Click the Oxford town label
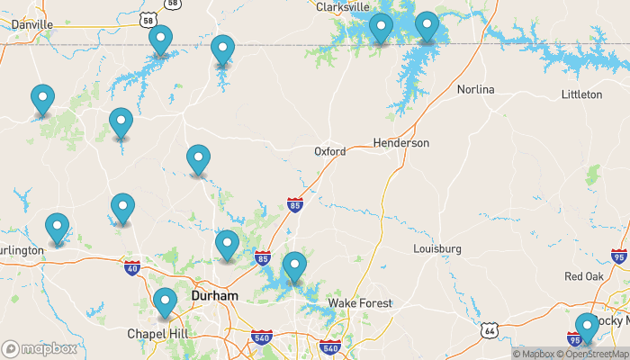329,151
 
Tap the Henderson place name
400,143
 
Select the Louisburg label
436,248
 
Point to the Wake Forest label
359,303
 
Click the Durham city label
214,295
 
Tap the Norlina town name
475,89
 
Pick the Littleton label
580,94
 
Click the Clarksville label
343,6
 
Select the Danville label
32,24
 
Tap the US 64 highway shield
489,331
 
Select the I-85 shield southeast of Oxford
294,206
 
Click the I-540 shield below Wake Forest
329,347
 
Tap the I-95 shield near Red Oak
618,256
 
